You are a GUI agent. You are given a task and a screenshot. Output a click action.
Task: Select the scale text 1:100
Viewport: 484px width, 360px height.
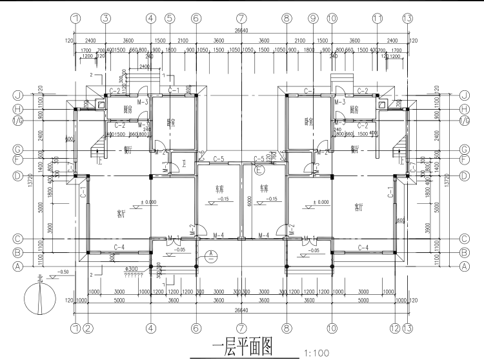(316, 353)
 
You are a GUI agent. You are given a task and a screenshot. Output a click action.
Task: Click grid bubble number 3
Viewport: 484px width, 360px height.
(106, 19)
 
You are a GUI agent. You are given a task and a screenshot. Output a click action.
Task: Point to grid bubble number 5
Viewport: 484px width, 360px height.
(169, 19)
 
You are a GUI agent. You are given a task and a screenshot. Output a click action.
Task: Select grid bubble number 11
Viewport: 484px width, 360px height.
(378, 19)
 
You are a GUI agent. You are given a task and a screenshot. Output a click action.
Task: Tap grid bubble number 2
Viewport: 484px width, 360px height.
(88, 328)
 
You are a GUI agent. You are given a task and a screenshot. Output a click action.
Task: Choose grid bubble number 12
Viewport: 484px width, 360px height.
(395, 328)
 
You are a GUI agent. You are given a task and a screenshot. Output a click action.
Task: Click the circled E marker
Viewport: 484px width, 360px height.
(259, 171)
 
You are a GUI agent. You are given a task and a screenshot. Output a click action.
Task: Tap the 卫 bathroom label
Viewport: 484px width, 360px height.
(184, 163)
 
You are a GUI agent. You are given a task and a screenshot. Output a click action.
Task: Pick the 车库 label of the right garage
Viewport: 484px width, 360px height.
(263, 190)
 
